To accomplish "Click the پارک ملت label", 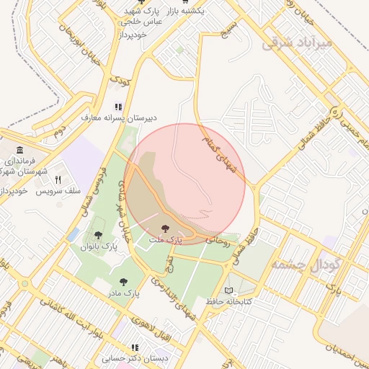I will point(166,238).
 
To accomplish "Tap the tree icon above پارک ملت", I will point(166,227).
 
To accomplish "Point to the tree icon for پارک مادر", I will point(123,282).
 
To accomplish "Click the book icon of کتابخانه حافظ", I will point(229,290).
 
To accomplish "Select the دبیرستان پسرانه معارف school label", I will point(119,117).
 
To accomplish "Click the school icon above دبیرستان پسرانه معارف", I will point(119,106).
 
